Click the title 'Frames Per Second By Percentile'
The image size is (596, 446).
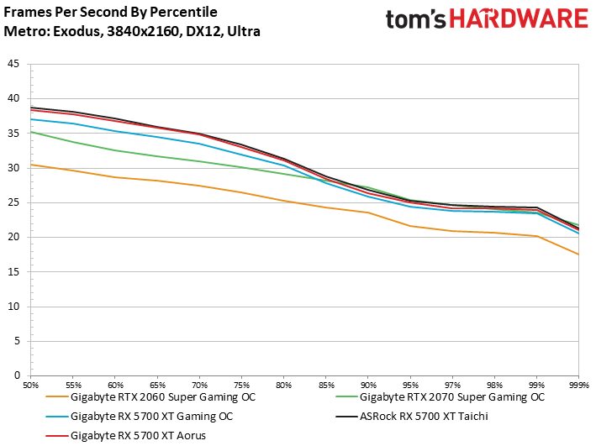tap(110, 13)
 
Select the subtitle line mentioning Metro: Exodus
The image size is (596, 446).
tap(132, 32)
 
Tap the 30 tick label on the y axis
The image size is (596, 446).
tap(13, 168)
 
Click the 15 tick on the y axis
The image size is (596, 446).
tap(13, 271)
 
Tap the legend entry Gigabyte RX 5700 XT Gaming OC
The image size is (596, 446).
tap(151, 416)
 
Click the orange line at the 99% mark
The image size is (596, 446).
tap(537, 236)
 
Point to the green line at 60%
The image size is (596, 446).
tap(116, 150)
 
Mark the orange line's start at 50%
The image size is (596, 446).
tap(31, 165)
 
